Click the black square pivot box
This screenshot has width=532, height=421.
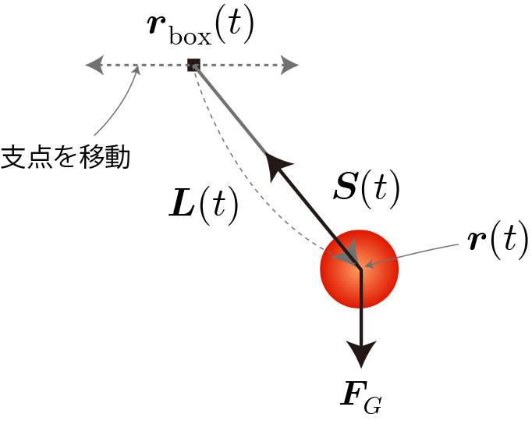point(193,65)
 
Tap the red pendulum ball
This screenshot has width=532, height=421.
point(359,269)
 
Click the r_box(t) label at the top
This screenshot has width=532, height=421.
point(201,29)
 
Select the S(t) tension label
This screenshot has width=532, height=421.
point(367,190)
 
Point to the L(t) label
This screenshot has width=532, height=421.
point(204,205)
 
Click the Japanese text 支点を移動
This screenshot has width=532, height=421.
point(66,157)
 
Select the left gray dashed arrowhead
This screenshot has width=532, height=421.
point(94,65)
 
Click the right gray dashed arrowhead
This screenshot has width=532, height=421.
point(289,65)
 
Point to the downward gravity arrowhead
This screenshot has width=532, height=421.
point(361,353)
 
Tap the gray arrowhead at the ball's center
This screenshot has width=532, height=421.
point(347,253)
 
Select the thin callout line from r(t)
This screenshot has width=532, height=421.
point(412,254)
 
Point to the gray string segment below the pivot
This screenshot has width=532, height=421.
point(229,108)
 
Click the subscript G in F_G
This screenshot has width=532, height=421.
point(373,405)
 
